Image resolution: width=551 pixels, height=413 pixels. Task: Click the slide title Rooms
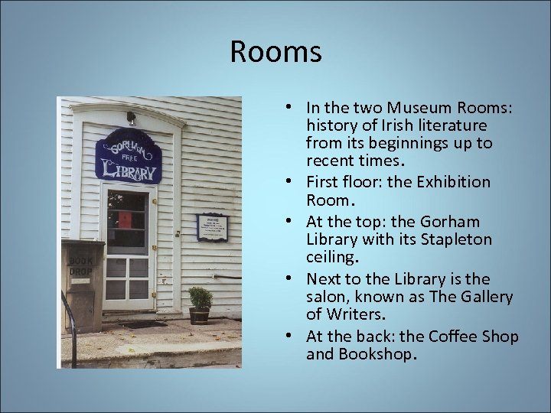(x=275, y=53)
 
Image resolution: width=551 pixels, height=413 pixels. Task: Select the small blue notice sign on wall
(x=212, y=227)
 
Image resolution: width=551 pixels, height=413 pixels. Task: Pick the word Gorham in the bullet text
(x=452, y=222)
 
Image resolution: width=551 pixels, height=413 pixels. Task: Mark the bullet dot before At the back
(x=294, y=337)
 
